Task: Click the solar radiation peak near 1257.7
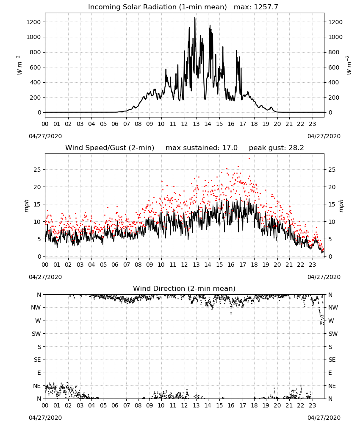[x=195, y=18]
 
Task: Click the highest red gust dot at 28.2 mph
[x=249, y=159]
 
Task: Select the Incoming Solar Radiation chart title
[x=158, y=7]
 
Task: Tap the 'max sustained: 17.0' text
[x=202, y=148]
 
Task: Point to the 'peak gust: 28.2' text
[x=276, y=148]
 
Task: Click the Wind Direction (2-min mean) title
[x=184, y=288]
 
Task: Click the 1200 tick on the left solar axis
[x=33, y=22]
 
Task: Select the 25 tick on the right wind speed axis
[x=332, y=170]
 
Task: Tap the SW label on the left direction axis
[x=36, y=334]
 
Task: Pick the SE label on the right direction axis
[x=332, y=360]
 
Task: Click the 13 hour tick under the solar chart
[x=196, y=124]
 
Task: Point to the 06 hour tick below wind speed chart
[x=115, y=265]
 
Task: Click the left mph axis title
[x=26, y=206]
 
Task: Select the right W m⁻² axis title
[x=349, y=65]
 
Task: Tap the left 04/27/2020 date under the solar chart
[x=45, y=136]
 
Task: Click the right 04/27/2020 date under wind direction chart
[x=324, y=418]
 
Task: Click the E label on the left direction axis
[x=39, y=373]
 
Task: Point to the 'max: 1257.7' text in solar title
[x=256, y=7]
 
